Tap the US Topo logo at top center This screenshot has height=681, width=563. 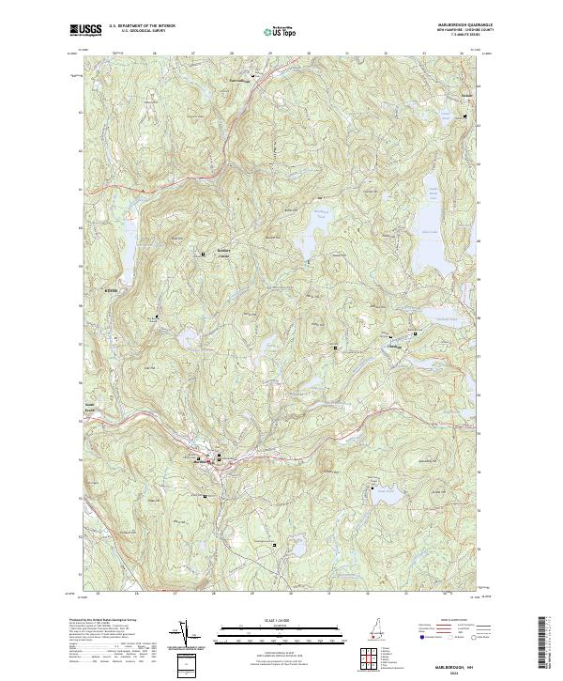click(281, 32)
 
